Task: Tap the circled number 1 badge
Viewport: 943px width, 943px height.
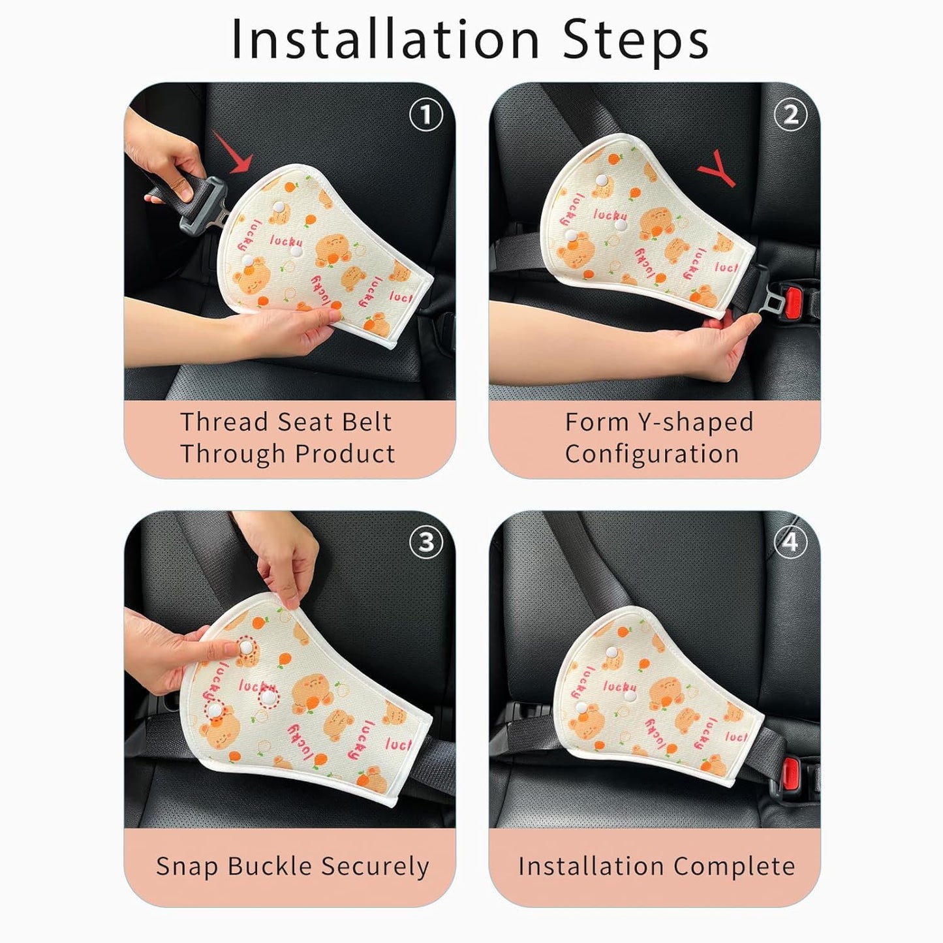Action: tap(425, 116)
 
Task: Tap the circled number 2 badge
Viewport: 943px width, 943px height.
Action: tap(790, 116)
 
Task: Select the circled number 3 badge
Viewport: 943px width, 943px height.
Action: tap(425, 542)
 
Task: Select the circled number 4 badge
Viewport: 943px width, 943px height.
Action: tap(790, 542)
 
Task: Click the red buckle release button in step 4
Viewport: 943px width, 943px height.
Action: tap(793, 773)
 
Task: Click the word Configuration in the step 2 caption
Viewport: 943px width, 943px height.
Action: tap(651, 454)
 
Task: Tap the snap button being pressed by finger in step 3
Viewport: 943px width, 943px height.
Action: tap(245, 647)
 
